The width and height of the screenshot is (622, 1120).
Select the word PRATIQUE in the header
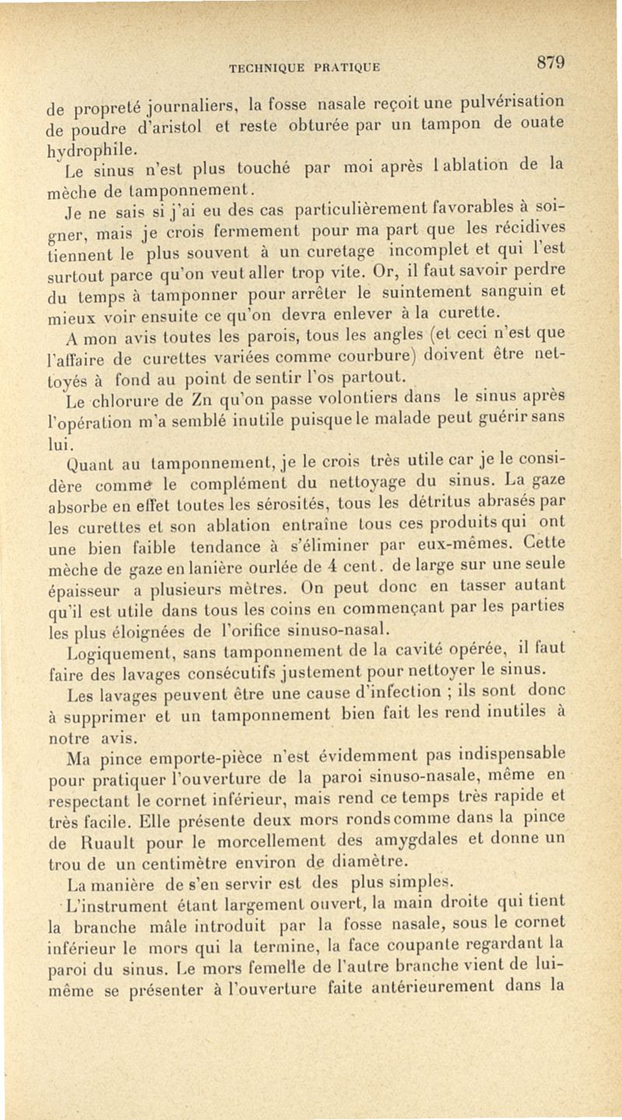346,67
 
